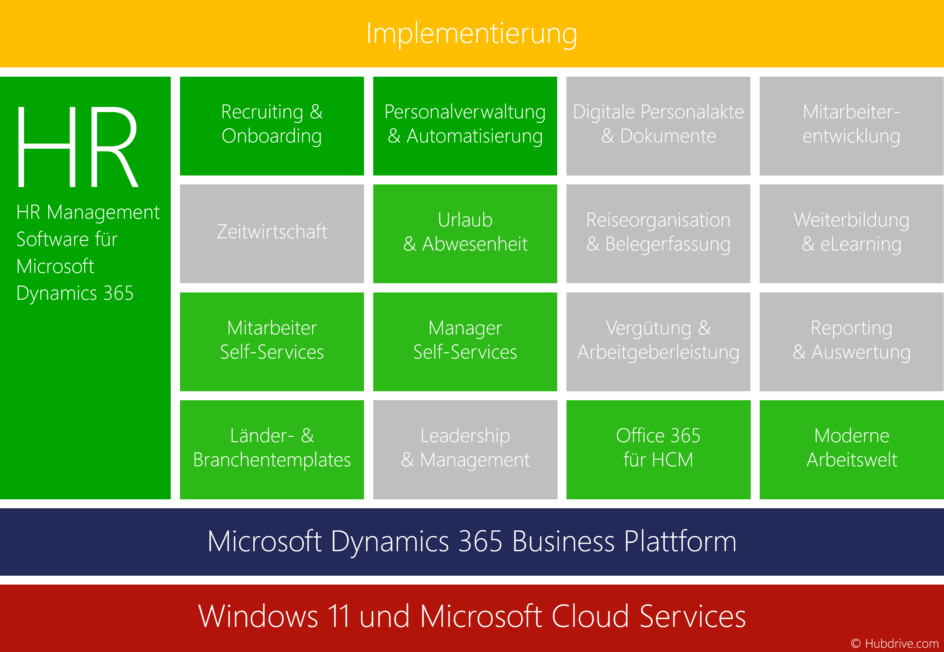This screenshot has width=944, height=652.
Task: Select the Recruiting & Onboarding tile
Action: (272, 126)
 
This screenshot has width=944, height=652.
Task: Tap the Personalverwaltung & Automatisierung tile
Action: (465, 126)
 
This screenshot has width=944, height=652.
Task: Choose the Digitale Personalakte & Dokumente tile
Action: (658, 126)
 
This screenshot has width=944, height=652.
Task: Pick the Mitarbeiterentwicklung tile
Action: (851, 126)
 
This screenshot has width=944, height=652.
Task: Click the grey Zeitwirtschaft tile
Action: (272, 234)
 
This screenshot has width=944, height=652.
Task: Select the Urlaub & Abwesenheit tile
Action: (465, 234)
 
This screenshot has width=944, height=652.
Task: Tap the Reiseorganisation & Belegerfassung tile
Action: (658, 234)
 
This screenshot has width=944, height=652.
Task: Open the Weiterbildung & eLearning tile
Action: (851, 234)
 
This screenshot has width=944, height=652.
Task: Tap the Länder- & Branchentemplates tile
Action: (272, 450)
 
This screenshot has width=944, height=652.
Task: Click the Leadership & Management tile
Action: (465, 450)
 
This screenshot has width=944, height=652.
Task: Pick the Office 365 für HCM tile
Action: (658, 450)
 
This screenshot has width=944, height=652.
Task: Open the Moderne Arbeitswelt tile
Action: (851, 450)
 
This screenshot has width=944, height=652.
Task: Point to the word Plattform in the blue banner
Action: (680, 542)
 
